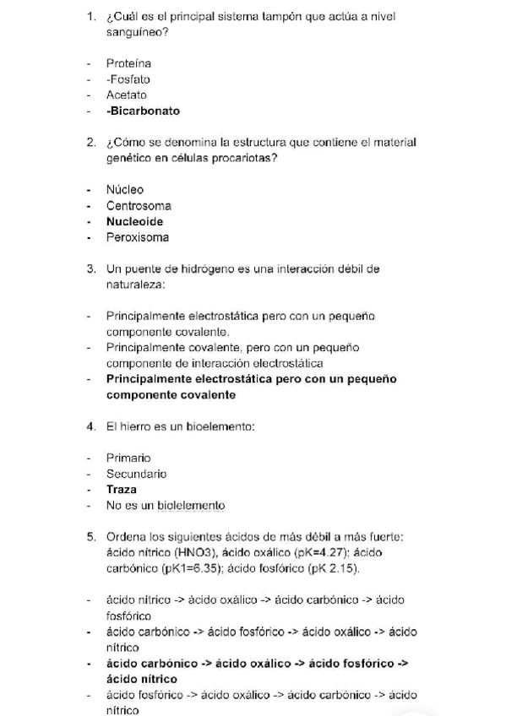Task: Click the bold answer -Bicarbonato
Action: click(143, 111)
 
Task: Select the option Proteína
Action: click(129, 62)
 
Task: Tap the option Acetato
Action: click(127, 95)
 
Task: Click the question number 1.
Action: click(91, 16)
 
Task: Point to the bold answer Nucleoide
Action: click(134, 221)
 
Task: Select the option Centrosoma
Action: click(139, 205)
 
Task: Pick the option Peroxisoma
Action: click(138, 237)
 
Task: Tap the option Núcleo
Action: click(125, 189)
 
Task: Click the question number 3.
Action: click(91, 269)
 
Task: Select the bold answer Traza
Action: click(122, 489)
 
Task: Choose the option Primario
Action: click(128, 458)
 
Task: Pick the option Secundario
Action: click(136, 474)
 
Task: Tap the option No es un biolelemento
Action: click(166, 505)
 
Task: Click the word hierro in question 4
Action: click(135, 426)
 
